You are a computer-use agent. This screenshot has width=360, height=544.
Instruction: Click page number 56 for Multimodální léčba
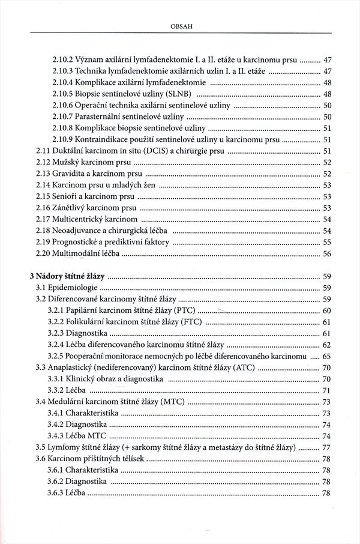point(327,254)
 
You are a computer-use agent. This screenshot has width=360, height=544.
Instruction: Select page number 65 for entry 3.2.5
point(327,356)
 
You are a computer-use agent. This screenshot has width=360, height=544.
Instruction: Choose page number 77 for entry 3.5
point(327,447)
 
